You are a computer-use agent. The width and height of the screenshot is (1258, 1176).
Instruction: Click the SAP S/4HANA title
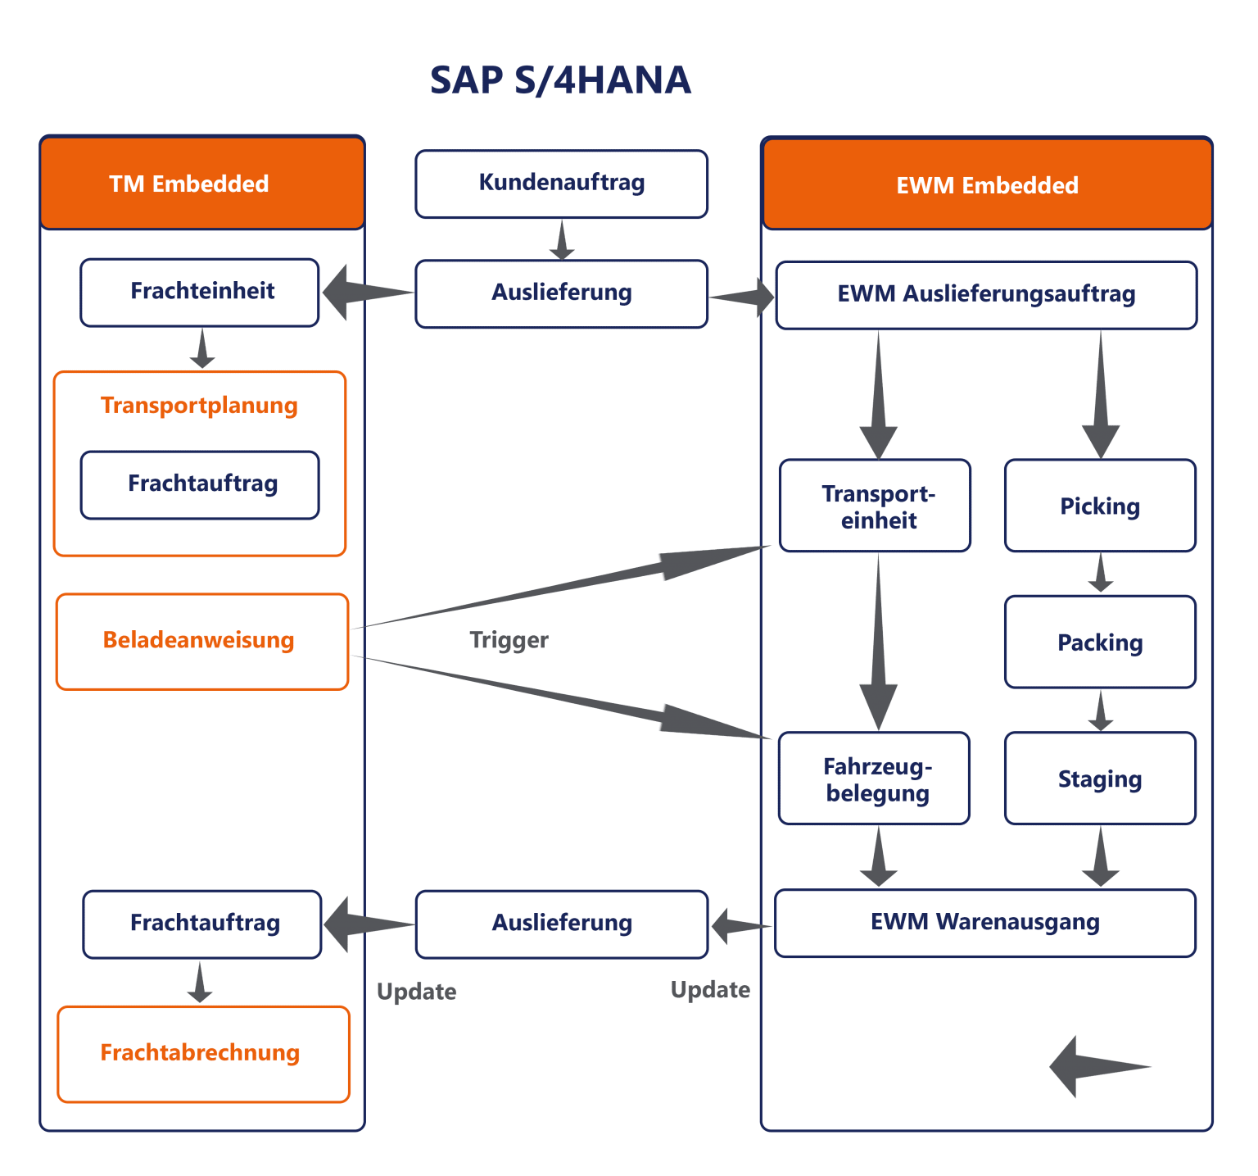point(560,80)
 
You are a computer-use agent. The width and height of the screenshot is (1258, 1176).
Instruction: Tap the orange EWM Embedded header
point(986,185)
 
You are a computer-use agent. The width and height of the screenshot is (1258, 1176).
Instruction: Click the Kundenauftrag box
point(561,184)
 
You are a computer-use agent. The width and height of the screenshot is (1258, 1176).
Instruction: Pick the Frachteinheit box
point(200,293)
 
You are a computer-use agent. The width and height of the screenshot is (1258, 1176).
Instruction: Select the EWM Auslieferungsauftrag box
point(986,295)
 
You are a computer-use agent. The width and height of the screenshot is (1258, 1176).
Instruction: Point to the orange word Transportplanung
point(199,406)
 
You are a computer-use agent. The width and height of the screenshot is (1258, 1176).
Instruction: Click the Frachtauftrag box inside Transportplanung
point(200,484)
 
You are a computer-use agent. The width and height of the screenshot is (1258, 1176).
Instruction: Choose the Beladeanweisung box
point(201,641)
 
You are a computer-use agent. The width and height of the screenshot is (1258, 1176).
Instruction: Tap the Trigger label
point(509,640)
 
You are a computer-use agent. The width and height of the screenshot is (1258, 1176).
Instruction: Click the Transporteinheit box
point(875,506)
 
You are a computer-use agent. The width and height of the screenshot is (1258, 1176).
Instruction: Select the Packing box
point(1100,642)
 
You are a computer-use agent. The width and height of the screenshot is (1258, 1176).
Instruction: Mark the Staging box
point(1100,779)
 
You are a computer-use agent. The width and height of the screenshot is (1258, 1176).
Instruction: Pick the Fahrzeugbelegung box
point(874,779)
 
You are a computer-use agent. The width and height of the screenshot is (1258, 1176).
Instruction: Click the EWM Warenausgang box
point(984,923)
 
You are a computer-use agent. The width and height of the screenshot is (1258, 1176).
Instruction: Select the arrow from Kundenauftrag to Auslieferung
point(561,239)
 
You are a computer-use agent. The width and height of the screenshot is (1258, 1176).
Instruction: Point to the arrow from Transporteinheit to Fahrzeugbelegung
point(878,643)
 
